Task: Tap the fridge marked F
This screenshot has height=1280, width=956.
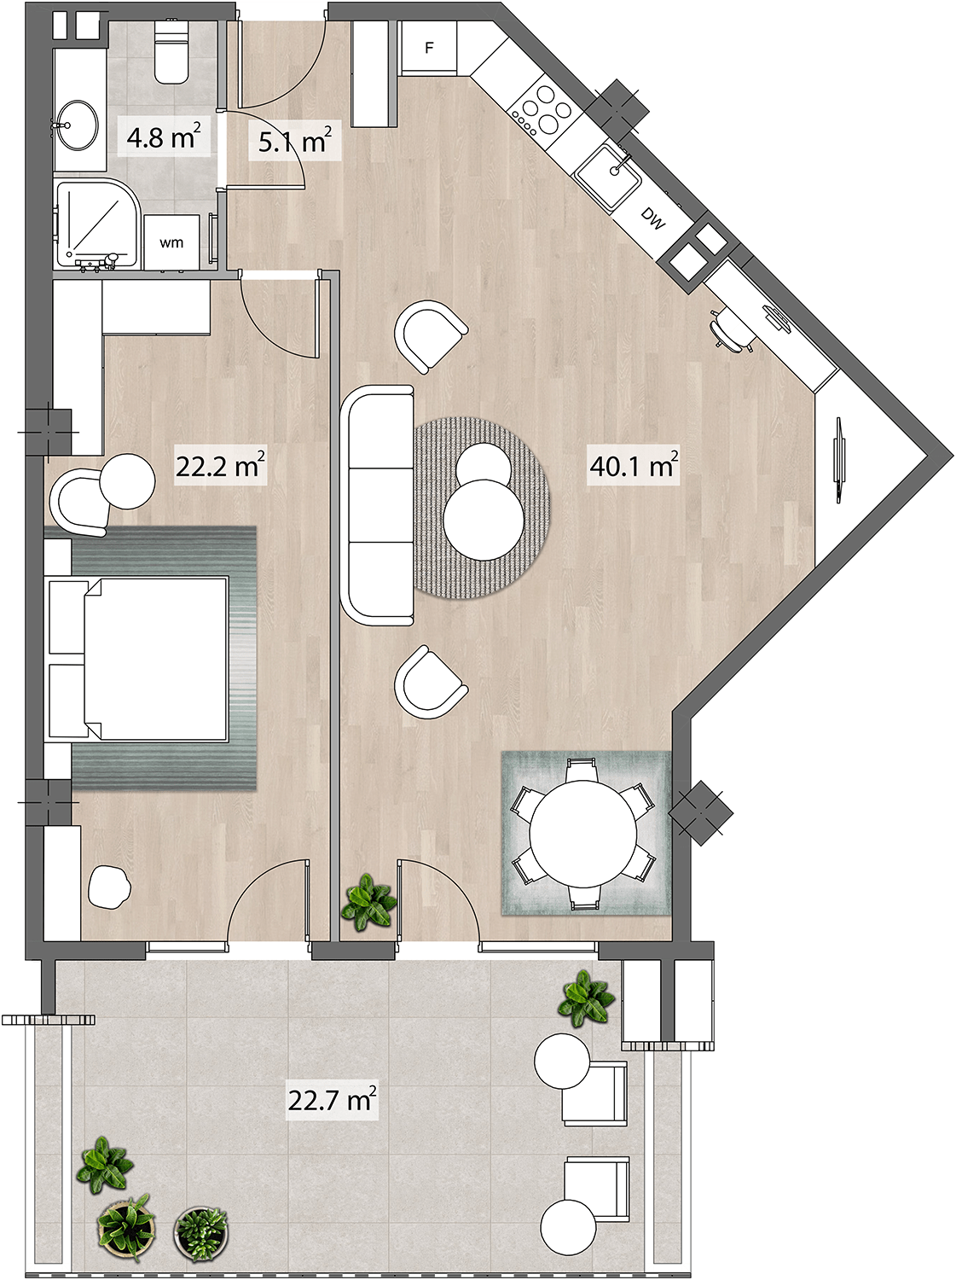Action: (x=429, y=48)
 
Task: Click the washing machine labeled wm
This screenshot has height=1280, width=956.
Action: (x=171, y=242)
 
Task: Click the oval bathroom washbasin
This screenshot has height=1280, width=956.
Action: (x=76, y=125)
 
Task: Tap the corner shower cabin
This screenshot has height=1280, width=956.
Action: (x=97, y=224)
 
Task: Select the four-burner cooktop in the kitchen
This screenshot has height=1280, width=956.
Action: (x=545, y=111)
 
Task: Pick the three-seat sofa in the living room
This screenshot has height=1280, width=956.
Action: (x=378, y=505)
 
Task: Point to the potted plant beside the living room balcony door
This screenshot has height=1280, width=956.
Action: (x=368, y=901)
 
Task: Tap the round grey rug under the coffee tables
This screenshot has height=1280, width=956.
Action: (x=483, y=508)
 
